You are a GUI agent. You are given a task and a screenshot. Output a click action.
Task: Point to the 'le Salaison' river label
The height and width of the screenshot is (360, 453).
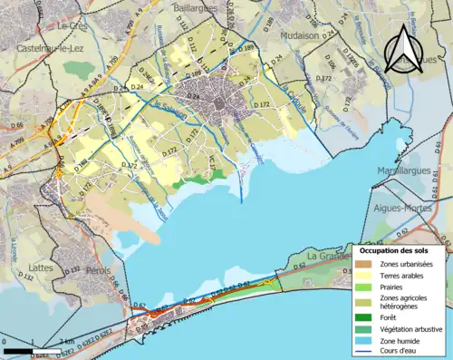click(165, 107)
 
